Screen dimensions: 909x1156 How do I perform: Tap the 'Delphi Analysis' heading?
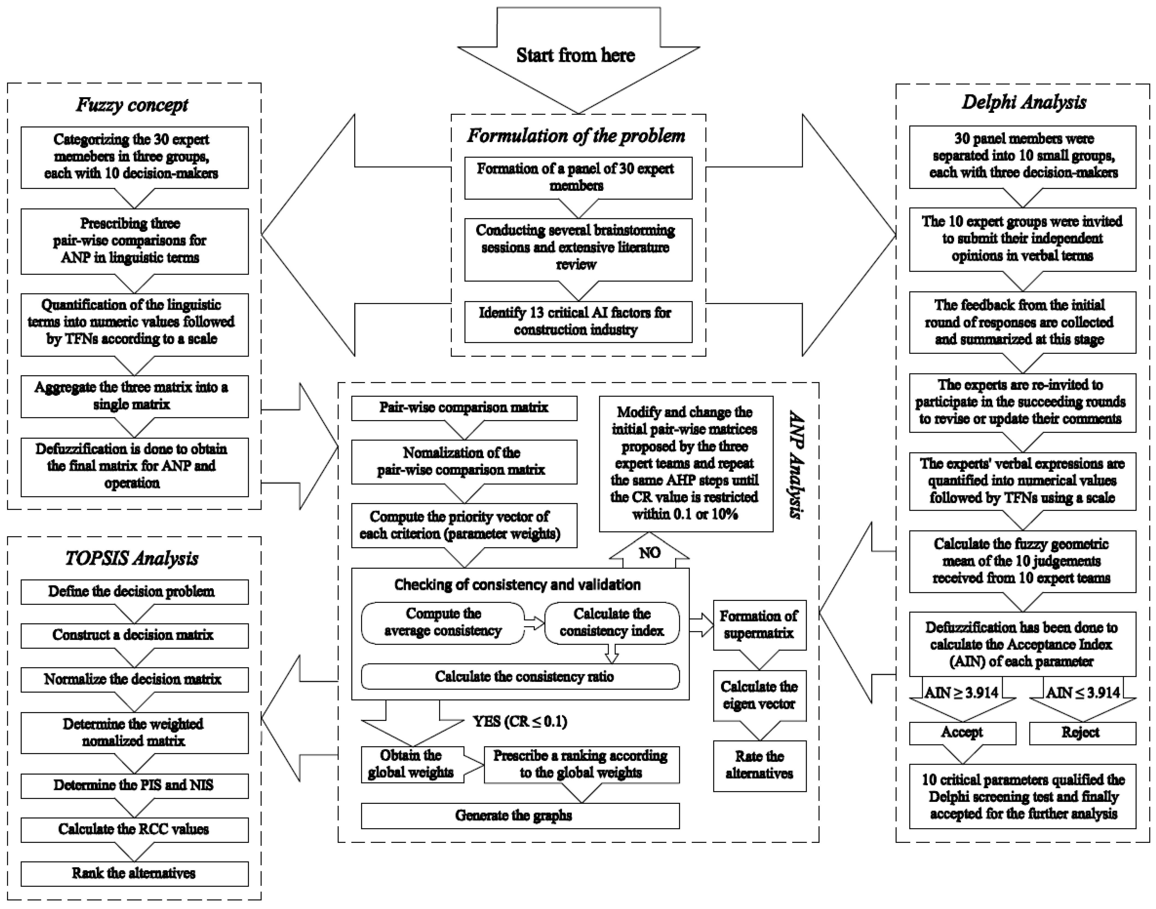pyautogui.click(x=1024, y=102)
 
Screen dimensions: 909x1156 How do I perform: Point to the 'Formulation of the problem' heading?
pyautogui.click(x=576, y=136)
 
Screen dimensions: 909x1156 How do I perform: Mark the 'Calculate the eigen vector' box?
pyautogui.click(x=759, y=695)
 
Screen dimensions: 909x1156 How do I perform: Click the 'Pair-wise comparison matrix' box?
pyautogui.click(x=464, y=408)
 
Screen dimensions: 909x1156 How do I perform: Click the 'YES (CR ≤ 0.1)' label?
pyautogui.click(x=520, y=722)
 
